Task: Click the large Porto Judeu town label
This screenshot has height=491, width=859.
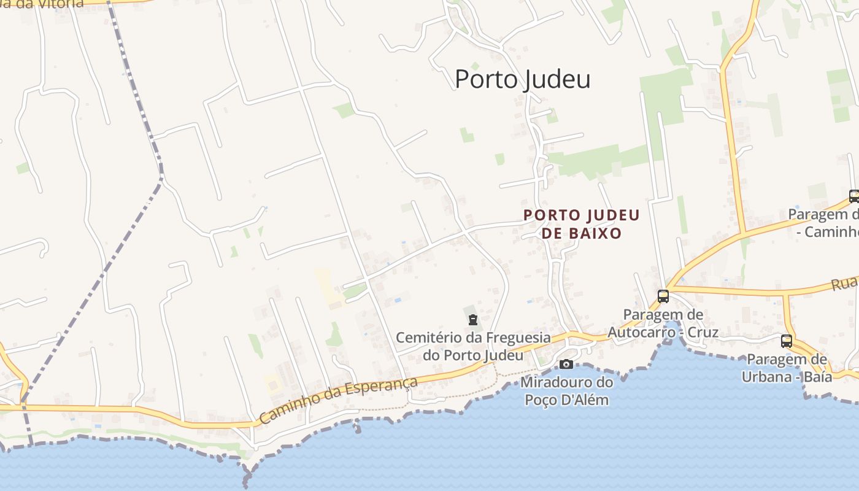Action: (522, 79)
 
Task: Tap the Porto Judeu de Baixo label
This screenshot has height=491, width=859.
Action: (581, 224)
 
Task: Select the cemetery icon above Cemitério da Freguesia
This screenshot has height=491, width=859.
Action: (473, 320)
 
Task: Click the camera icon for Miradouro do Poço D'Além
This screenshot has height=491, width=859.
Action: (566, 364)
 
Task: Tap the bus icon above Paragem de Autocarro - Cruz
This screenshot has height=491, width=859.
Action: (663, 296)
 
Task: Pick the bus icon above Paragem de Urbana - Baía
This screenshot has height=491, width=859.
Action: (787, 341)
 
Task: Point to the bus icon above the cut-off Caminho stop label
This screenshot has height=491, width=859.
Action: (853, 196)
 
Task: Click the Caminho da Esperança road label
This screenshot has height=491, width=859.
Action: (338, 400)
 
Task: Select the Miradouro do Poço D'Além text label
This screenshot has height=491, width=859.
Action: (566, 391)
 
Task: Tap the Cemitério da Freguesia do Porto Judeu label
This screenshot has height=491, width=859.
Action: (473, 346)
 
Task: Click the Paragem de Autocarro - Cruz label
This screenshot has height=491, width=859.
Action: (663, 323)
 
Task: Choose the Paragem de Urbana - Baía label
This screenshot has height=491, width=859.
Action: (787, 368)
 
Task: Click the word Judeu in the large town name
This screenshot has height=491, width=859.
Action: (557, 79)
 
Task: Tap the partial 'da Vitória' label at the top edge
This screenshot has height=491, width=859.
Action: (43, 3)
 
